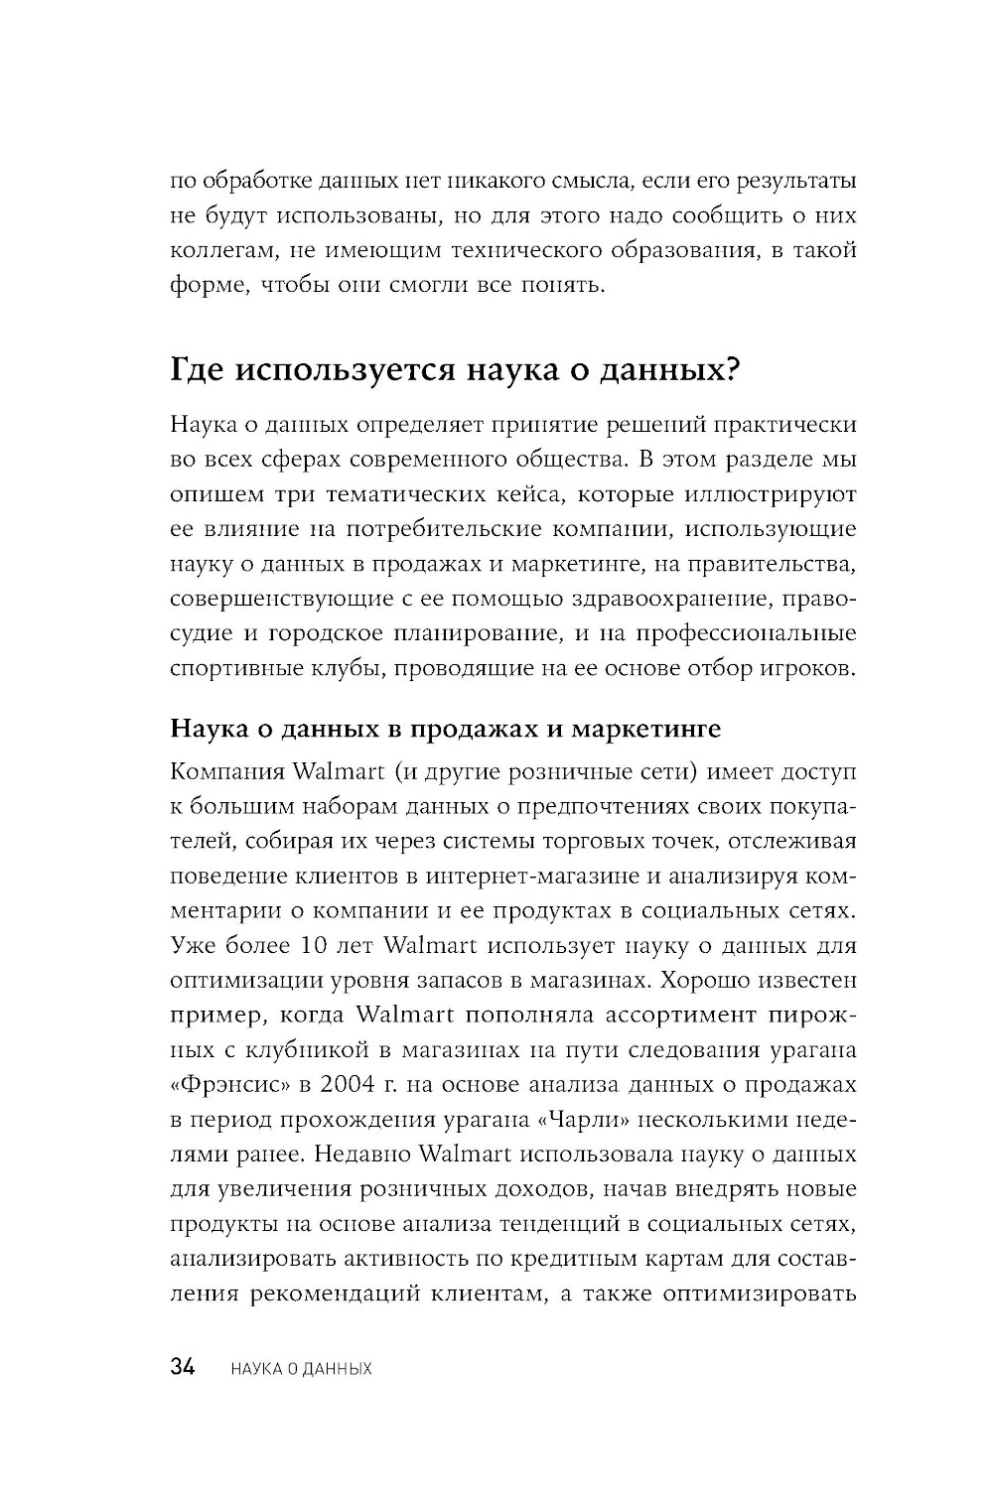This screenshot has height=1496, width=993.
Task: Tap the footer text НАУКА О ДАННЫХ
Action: coord(300,1369)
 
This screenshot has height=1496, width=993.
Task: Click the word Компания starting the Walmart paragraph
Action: coord(226,771)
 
